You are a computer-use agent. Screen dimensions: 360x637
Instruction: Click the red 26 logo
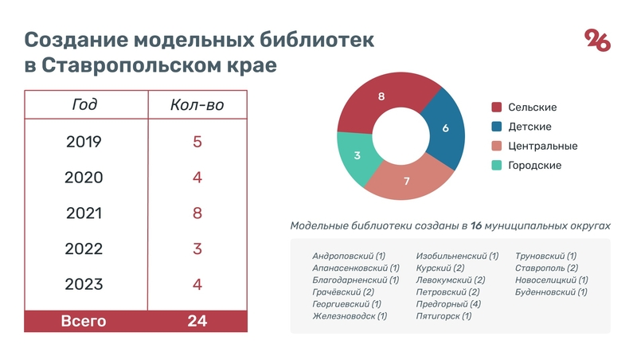(598, 40)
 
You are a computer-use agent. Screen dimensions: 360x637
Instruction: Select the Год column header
(84, 105)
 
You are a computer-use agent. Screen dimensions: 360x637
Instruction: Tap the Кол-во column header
(197, 105)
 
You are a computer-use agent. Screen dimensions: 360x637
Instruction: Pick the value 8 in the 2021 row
(197, 213)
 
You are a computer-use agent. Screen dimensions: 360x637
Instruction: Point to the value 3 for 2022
(197, 248)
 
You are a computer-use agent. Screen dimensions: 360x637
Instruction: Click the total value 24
(197, 321)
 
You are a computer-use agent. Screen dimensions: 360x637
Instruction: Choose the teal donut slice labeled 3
(358, 155)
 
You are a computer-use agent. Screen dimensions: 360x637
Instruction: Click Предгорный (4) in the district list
(447, 303)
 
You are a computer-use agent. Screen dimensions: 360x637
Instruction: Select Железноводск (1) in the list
(350, 316)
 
